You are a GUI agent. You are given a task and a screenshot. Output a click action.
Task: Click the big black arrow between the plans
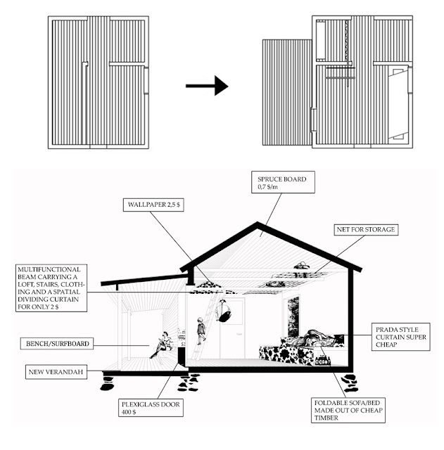(208, 86)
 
